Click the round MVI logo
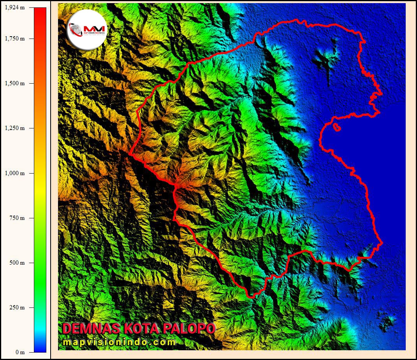coord(86,29)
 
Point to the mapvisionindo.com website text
coord(119,342)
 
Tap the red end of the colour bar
coord(40,12)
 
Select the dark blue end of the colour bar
coord(40,348)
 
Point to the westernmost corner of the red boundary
coord(129,154)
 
